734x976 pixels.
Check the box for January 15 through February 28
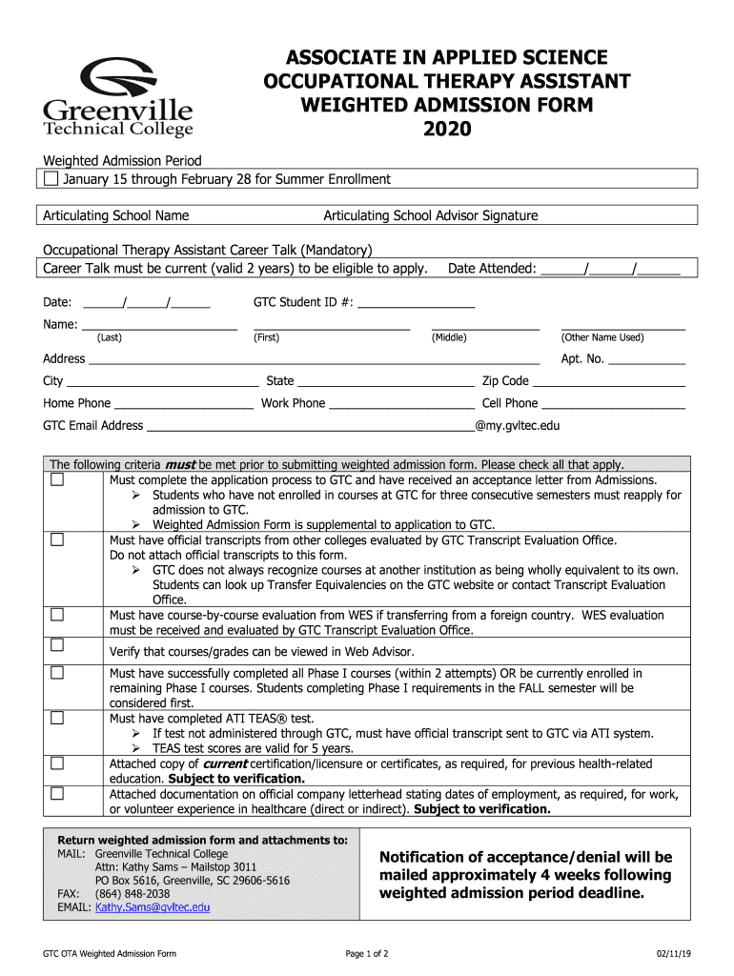click(51, 179)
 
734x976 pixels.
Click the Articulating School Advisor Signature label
click(431, 215)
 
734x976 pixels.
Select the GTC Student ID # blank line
click(417, 304)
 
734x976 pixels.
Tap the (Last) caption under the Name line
click(110, 337)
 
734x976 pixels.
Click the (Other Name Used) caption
click(601, 337)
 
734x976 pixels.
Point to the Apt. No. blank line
click(646, 360)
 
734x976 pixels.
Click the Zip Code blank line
click(608, 381)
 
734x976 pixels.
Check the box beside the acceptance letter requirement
click(57, 479)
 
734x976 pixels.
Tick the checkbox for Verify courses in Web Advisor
click(57, 645)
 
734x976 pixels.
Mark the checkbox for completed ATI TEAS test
click(57, 717)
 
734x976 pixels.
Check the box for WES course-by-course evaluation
click(57, 613)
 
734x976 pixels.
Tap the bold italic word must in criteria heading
click(180, 464)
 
